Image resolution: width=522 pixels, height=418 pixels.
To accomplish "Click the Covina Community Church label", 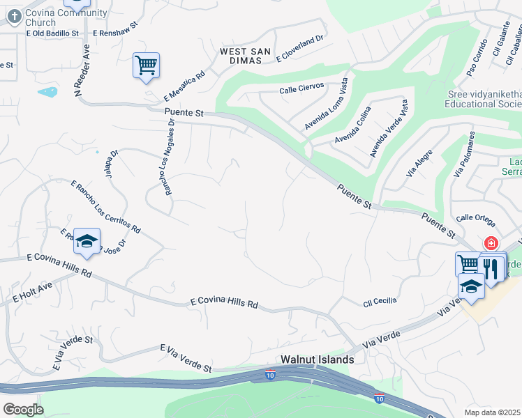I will tap(66, 17).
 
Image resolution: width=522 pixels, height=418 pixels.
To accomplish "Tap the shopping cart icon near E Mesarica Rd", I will tap(146, 66).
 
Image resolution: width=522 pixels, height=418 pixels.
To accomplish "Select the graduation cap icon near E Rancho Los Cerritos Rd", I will tap(87, 241).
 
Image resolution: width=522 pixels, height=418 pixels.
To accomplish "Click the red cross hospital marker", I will tap(491, 243).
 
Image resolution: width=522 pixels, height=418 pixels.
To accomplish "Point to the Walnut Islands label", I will tap(317, 359).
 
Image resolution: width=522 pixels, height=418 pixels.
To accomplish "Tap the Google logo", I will tap(22, 410).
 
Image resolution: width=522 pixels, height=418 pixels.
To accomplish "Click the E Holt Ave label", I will tap(33, 292).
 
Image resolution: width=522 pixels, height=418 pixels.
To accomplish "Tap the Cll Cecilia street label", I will tap(380, 301).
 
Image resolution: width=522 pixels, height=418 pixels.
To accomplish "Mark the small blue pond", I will tap(47, 92).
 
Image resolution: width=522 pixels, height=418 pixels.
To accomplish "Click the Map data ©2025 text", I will tap(493, 412).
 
